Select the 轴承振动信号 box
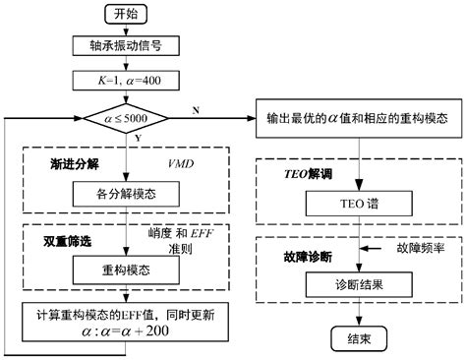click(x=126, y=45)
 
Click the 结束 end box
click(x=357, y=339)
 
